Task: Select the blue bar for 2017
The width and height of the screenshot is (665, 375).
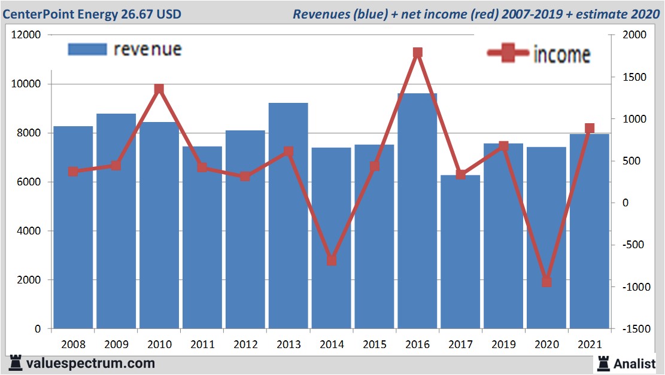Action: (460, 251)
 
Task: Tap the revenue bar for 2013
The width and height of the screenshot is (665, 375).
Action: (288, 215)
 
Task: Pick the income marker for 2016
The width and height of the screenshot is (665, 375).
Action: (418, 53)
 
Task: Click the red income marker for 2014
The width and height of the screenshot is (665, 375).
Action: (332, 260)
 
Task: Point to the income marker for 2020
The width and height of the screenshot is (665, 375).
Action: (546, 282)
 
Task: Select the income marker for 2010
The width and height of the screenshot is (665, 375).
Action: (159, 89)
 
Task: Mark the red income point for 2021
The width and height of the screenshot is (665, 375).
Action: (590, 129)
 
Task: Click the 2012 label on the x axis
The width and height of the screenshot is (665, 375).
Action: (245, 345)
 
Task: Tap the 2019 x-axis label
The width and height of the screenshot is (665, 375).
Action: (503, 345)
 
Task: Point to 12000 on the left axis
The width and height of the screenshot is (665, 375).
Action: (26, 35)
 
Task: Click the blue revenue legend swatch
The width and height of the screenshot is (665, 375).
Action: (87, 50)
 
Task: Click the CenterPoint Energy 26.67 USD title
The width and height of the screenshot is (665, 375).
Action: (92, 13)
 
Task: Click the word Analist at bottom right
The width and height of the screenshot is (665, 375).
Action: (634, 363)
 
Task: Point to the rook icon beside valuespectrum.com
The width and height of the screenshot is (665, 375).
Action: (16, 363)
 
